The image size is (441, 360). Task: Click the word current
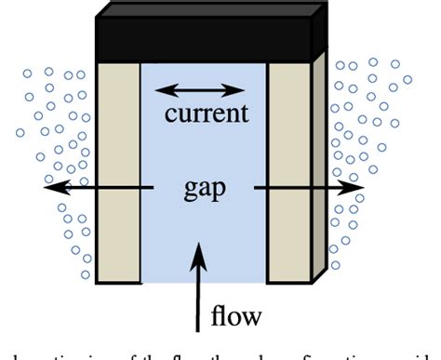point(206,114)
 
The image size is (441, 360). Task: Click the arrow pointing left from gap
point(98,187)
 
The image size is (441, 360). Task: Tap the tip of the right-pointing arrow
point(364,187)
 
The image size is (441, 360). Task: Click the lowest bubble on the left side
point(86,275)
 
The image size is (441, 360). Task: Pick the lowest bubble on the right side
point(337,264)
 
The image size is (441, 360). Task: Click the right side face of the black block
point(319,33)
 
